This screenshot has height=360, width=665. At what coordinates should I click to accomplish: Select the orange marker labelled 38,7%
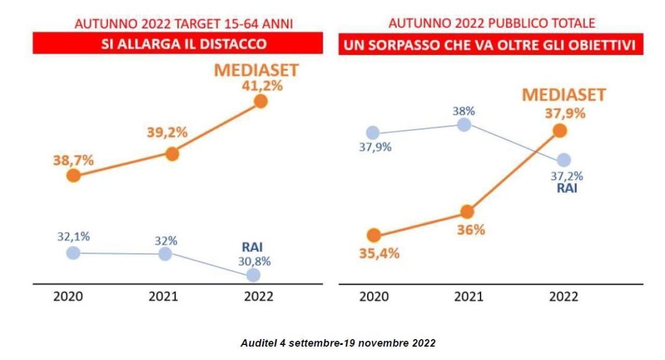74,176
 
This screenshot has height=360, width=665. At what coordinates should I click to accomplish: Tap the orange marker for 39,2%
172,154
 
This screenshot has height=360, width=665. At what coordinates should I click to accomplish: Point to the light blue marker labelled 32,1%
74,253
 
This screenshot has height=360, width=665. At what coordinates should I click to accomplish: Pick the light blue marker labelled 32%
165,254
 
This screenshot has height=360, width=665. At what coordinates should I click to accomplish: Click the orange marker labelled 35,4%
373,235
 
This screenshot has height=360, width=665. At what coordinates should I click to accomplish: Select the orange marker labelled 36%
468,211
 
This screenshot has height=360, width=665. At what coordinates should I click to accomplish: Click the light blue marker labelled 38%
464,125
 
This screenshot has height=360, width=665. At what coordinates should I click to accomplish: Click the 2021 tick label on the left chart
163,297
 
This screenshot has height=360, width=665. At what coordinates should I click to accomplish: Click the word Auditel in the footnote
258,344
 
